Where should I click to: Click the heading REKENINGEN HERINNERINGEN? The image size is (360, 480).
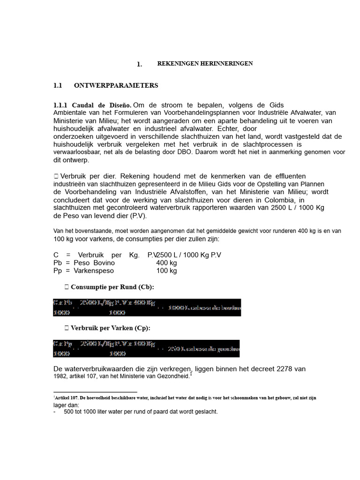point(205,63)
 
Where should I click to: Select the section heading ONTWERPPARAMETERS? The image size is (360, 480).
point(116,85)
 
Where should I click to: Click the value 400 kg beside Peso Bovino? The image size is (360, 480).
point(166,263)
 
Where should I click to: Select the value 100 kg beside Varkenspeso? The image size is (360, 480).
point(166,270)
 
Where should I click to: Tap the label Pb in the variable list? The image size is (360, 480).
point(58,263)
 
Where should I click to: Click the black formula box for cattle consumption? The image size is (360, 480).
point(147,307)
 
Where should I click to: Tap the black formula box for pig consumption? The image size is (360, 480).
point(146,349)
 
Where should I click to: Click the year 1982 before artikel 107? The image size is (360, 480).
point(60,376)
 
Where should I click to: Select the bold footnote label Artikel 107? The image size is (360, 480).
point(70,397)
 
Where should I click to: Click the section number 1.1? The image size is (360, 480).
point(58,85)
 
